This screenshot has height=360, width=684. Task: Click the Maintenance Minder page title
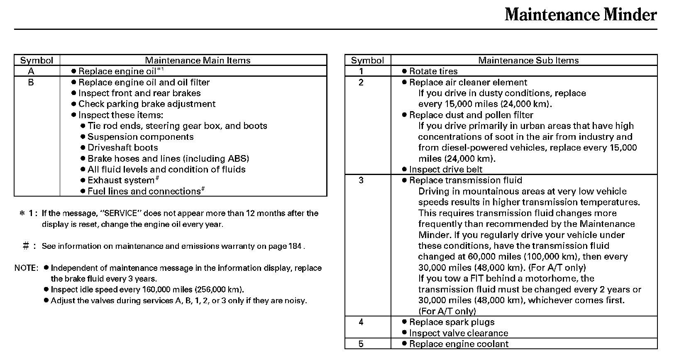[x=581, y=15]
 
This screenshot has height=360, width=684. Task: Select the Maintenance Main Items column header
[x=198, y=61]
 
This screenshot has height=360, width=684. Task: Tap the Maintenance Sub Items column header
[x=528, y=61]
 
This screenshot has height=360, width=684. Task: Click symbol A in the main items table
[x=31, y=71]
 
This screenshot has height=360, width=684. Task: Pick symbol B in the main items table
[x=31, y=82]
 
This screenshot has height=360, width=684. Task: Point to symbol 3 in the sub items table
[x=361, y=180]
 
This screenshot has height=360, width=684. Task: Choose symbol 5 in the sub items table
[x=361, y=344]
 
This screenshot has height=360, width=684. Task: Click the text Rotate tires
[x=433, y=71]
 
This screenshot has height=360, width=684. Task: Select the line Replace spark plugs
[x=452, y=322]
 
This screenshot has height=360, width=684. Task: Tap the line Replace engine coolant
[x=459, y=344]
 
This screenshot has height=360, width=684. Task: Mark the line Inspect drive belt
[x=445, y=169]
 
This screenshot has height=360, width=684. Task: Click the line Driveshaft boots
[x=122, y=148]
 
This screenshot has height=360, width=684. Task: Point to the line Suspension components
[x=140, y=137]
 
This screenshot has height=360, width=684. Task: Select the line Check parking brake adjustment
[x=147, y=104]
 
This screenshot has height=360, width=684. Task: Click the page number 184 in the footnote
[x=294, y=246]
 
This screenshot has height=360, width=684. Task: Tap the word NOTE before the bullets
[x=26, y=268]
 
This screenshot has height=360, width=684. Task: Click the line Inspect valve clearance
[x=458, y=333]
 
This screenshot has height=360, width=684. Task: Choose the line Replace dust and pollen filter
[x=471, y=115]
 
